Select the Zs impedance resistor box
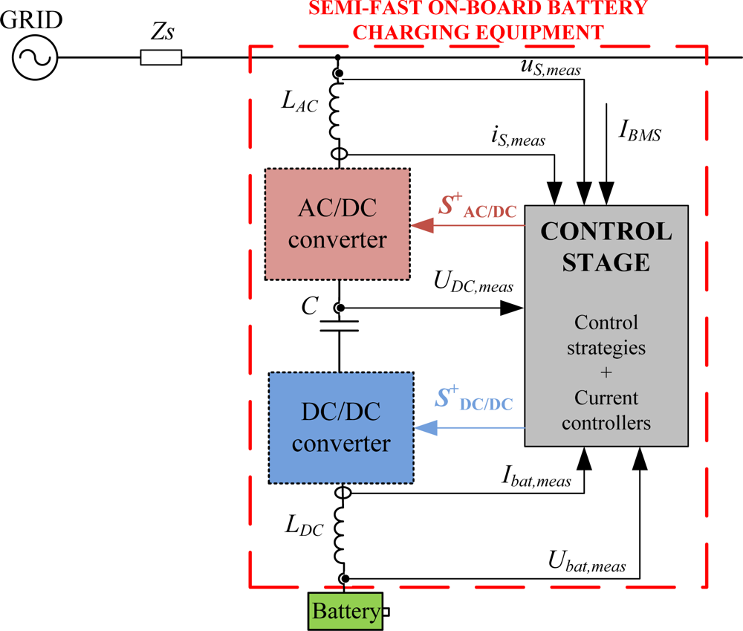click(160, 57)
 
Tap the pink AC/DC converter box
click(337, 224)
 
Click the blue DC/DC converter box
click(340, 427)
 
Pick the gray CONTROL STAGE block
click(606, 324)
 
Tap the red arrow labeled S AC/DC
click(468, 225)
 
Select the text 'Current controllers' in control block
click(606, 411)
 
